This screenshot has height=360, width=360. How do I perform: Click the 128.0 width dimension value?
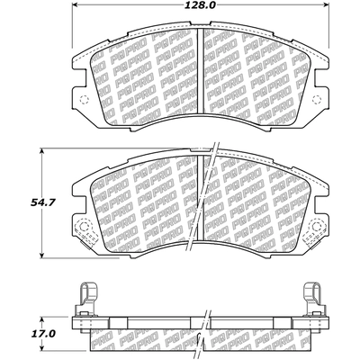[201, 5]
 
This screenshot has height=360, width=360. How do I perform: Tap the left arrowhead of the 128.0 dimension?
[76, 4]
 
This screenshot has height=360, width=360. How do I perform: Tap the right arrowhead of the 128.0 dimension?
[326, 4]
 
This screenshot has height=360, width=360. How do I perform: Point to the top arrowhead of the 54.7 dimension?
[42, 152]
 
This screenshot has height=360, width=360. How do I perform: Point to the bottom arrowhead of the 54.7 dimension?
[42, 255]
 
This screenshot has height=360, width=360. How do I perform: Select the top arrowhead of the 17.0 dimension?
[42, 319]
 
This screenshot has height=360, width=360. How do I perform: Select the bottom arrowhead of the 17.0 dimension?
[42, 347]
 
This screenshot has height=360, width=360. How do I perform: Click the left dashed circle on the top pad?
[85, 99]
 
